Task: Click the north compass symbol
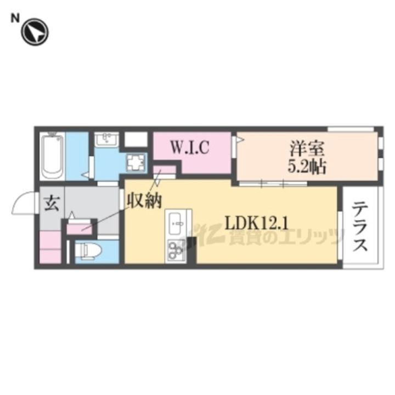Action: [35, 32]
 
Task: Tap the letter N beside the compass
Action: [15, 18]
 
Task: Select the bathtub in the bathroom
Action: [52, 157]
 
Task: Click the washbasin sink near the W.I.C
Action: [106, 139]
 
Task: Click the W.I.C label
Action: [190, 148]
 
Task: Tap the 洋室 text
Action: [307, 149]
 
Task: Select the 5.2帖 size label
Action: [307, 167]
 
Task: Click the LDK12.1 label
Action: [256, 223]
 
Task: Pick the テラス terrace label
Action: [360, 227]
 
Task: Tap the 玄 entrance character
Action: [52, 204]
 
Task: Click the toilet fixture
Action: [89, 251]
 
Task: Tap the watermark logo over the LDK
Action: [262, 237]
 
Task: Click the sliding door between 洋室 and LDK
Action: [273, 184]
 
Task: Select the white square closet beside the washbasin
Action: [136, 139]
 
